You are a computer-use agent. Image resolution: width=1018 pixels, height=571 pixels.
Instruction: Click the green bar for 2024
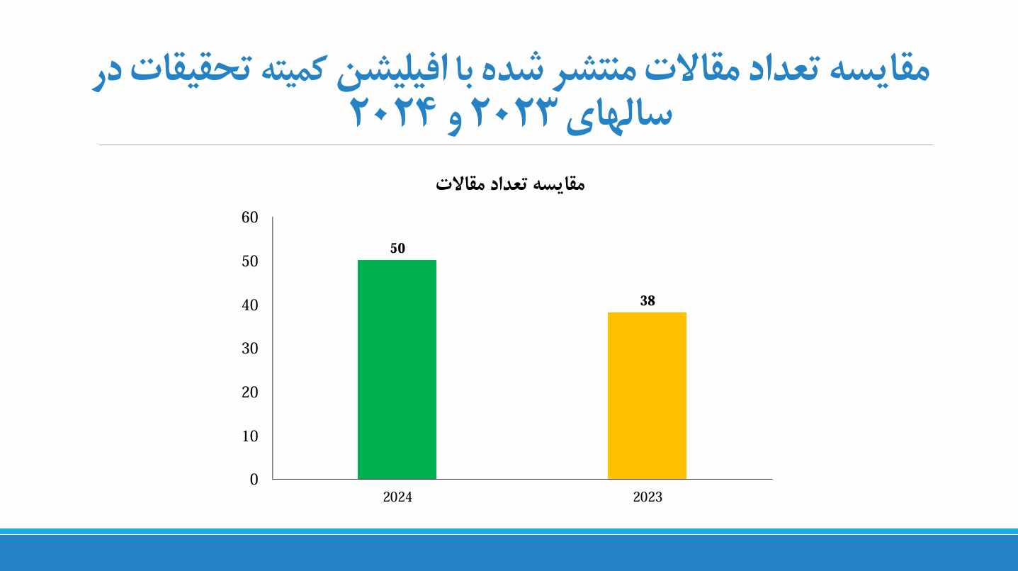pos(397,369)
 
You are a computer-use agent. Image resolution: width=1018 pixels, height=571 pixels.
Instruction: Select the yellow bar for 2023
pos(647,395)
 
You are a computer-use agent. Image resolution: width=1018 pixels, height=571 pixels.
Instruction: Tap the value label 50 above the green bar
pos(397,248)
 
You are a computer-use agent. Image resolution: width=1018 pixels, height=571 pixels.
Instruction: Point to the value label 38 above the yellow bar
pos(647,300)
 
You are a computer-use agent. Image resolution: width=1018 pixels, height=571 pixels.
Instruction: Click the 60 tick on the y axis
pos(250,217)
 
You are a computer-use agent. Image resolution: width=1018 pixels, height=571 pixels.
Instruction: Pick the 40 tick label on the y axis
pos(250,305)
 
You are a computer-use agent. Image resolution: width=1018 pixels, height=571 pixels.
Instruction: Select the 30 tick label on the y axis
pos(250,349)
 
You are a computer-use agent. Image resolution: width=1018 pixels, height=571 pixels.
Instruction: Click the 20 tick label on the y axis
pos(250,392)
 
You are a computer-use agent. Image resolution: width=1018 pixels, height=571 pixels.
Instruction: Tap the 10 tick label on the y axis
pos(250,436)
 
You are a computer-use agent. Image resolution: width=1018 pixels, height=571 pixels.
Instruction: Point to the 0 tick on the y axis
pos(254,479)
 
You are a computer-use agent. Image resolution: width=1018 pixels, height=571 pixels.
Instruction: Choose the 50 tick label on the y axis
pos(250,261)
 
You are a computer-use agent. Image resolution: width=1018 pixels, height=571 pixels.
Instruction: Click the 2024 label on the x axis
pos(397,497)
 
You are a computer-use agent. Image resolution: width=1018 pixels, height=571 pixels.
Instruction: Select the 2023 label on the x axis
pos(647,497)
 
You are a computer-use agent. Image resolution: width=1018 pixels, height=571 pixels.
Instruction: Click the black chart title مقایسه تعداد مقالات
pos(510,184)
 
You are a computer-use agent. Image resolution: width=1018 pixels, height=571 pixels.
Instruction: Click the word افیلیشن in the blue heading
pos(392,70)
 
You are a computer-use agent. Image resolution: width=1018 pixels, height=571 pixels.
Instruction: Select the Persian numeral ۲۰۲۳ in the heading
pos(514,111)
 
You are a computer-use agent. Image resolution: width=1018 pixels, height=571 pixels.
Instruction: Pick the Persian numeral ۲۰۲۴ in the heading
pos(393,111)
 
